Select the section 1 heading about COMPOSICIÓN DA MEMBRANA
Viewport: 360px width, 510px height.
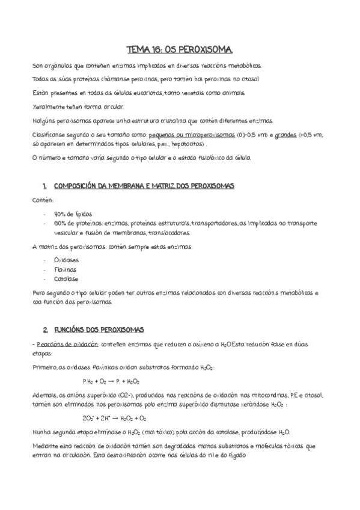tap(143, 186)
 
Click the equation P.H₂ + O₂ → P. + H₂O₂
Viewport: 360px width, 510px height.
tap(111, 381)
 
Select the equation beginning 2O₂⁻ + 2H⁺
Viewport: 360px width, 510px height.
tap(114, 419)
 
